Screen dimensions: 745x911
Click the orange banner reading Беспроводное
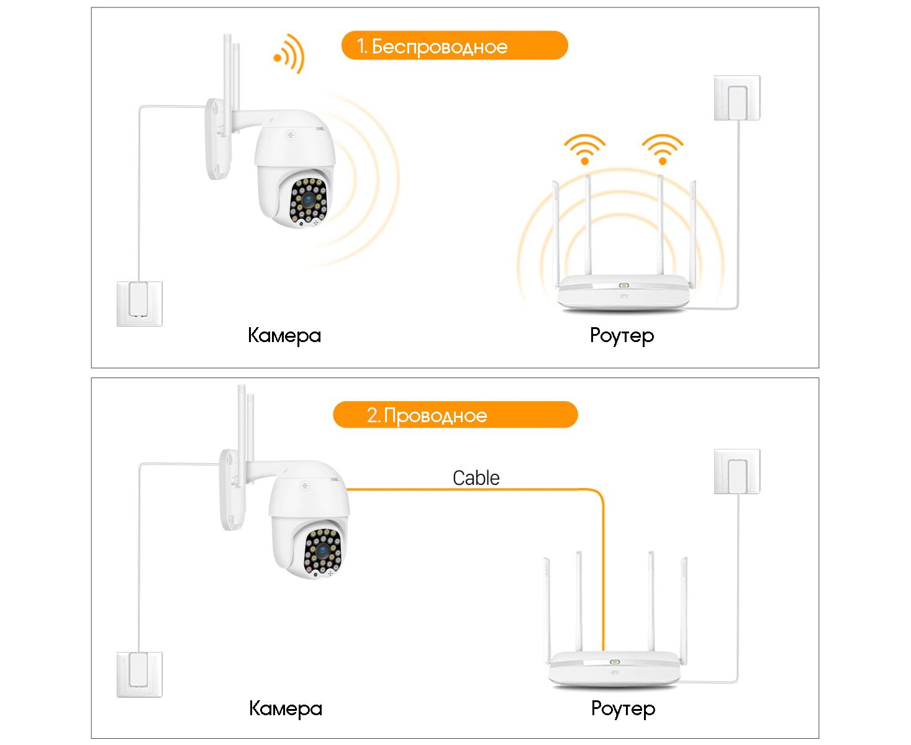[454, 46]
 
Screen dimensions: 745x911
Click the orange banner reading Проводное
[455, 415]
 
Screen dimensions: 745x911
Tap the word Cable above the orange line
[476, 478]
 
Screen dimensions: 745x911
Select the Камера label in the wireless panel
[284, 335]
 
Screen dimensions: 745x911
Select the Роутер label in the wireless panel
[622, 335]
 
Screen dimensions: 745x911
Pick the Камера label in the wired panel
[286, 708]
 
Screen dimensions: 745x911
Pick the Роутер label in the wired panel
[623, 708]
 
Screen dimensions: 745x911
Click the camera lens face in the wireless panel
[308, 201]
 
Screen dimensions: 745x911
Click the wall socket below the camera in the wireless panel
[140, 304]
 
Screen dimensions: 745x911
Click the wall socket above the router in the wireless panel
[737, 98]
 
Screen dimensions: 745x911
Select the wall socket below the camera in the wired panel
[140, 674]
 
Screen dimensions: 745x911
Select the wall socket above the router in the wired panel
[737, 472]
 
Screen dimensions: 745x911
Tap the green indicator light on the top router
[623, 286]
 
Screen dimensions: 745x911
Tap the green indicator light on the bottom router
[615, 662]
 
